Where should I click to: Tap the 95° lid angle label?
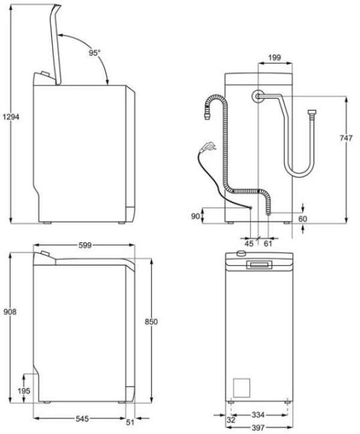(95, 53)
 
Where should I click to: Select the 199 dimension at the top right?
(275, 58)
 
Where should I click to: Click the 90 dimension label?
(195, 215)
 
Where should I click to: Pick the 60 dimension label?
(302, 219)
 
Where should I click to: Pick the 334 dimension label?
(259, 414)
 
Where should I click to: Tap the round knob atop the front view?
(241, 255)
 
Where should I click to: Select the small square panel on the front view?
(241, 387)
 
